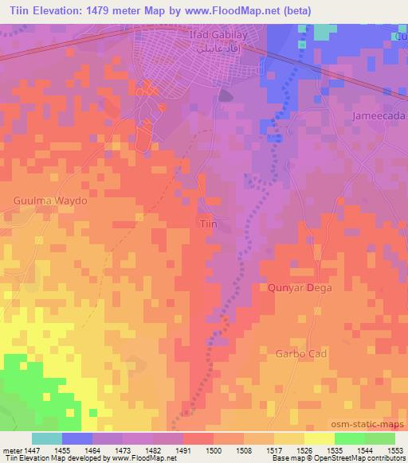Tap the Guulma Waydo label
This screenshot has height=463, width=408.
pos(49,201)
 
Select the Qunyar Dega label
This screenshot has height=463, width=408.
pos(300,288)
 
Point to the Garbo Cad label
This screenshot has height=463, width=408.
pos(301,352)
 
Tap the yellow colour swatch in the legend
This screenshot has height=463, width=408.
pos(319,438)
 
